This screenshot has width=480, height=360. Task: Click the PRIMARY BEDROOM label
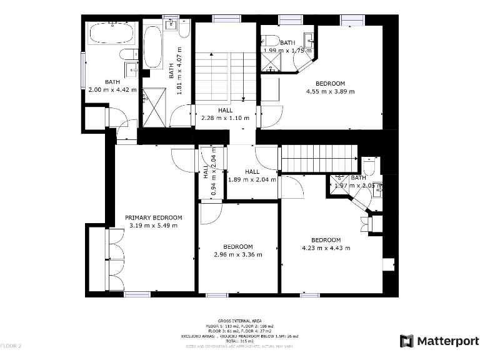point(153,218)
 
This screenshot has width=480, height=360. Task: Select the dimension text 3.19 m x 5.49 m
point(153,226)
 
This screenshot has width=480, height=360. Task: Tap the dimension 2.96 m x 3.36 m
point(238,254)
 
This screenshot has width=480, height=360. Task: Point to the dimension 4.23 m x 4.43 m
point(326,248)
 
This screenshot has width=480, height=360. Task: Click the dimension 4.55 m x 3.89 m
point(330,91)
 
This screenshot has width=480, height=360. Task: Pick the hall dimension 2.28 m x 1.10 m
point(225,117)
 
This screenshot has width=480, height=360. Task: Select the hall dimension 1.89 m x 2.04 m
point(252,179)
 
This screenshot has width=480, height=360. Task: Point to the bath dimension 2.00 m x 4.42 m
point(112,89)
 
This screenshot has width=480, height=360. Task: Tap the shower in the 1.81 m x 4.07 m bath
point(153,107)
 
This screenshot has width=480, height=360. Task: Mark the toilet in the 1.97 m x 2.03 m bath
point(369,165)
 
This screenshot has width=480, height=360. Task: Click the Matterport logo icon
point(407,341)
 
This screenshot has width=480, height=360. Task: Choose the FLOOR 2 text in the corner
point(11,346)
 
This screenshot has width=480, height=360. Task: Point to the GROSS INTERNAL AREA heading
point(239,320)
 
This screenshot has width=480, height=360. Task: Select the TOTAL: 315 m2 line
point(239,340)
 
